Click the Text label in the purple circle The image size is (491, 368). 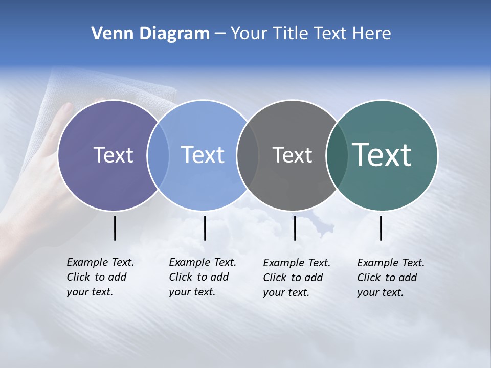click(x=113, y=155)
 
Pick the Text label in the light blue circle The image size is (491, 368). click(x=203, y=155)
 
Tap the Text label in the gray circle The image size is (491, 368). click(x=292, y=155)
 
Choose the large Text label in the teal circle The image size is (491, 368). click(x=382, y=155)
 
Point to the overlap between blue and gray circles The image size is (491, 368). click(x=248, y=155)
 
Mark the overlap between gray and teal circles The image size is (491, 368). click(x=336, y=155)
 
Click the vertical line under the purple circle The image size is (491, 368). click(x=115, y=228)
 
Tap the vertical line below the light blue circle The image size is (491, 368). click(x=205, y=228)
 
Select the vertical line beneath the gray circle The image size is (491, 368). click(x=295, y=228)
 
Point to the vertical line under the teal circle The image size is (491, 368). click(x=381, y=228)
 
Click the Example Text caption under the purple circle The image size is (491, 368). click(x=100, y=277)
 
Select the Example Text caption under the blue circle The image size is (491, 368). click(x=202, y=277)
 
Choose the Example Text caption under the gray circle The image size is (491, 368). click(x=296, y=278)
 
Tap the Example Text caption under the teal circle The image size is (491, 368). click(x=390, y=278)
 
